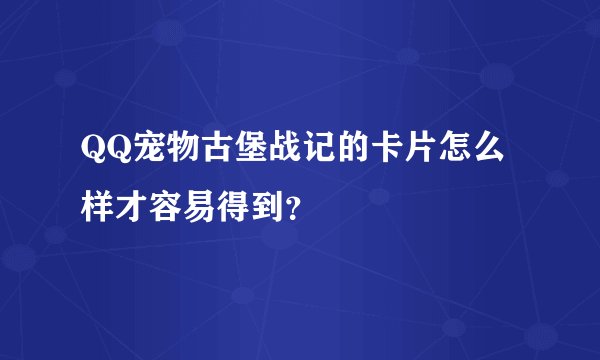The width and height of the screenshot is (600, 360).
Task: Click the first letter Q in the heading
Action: point(95,152)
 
